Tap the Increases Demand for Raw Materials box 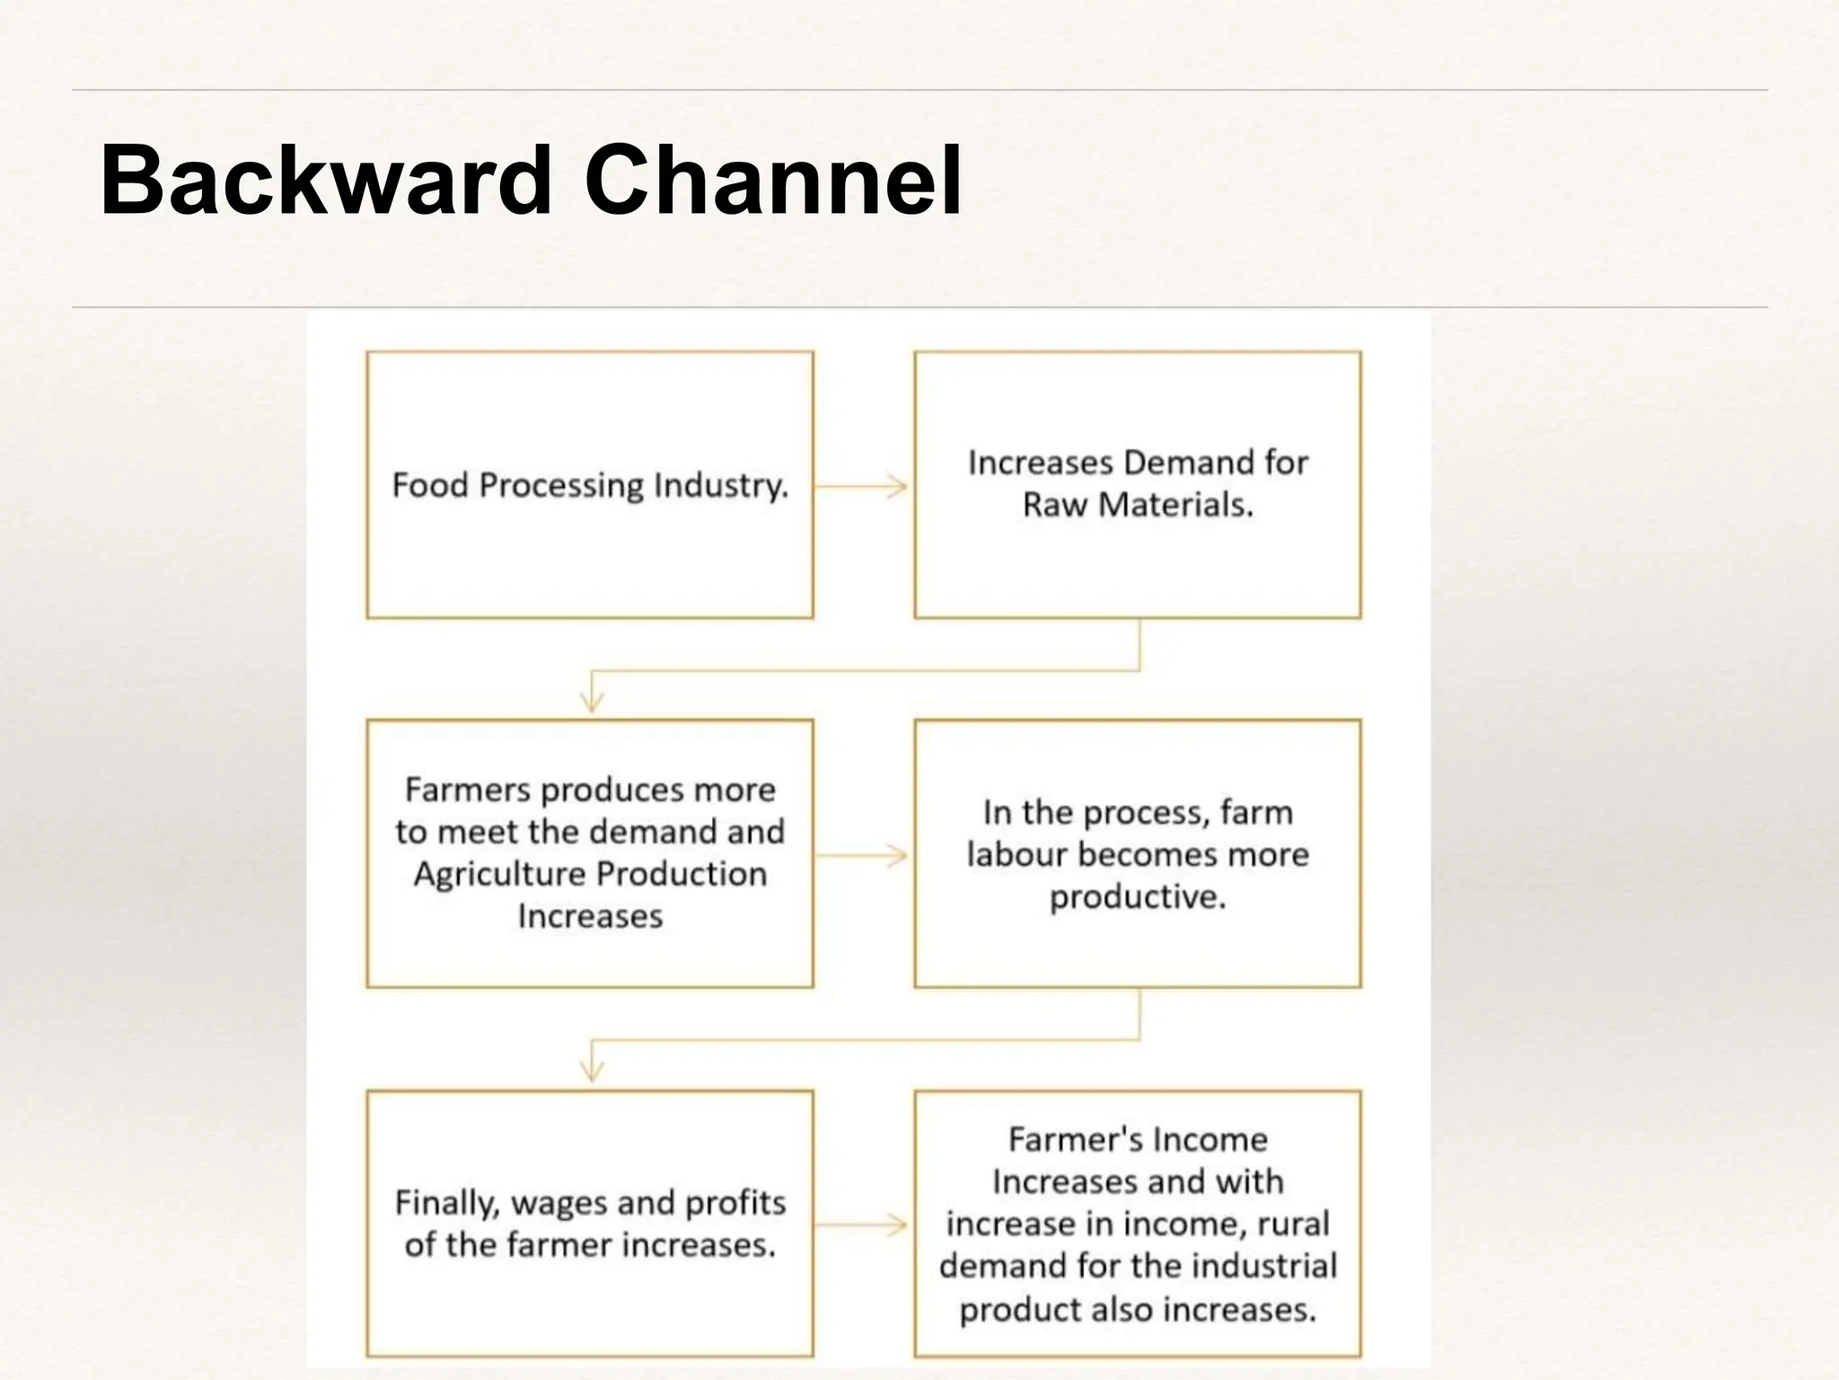point(1138,566)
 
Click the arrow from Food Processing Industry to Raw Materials point(862,486)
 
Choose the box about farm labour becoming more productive point(1138,943)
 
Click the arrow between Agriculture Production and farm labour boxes point(862,854)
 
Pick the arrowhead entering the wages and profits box point(591,1072)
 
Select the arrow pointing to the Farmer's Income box point(862,1225)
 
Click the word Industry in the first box point(721,486)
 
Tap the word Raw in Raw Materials point(1056,505)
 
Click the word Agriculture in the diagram point(499,874)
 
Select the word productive point(1138,897)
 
